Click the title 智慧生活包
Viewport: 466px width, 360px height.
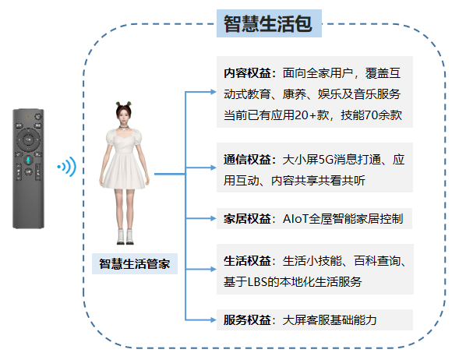(x=268, y=24)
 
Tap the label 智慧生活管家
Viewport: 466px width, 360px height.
(x=134, y=263)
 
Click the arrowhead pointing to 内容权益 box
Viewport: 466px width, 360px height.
(x=213, y=92)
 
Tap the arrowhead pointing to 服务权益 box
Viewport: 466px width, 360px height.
(x=213, y=319)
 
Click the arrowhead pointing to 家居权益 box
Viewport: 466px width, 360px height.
(x=213, y=218)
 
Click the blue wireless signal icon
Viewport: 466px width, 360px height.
(x=68, y=167)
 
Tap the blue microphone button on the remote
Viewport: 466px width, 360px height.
(x=28, y=161)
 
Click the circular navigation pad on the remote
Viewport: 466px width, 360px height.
(x=28, y=139)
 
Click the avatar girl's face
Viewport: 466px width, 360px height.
(x=123, y=118)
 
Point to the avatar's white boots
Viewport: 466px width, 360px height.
(x=125, y=237)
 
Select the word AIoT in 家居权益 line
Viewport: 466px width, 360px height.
(x=295, y=219)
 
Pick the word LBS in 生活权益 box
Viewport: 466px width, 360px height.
(x=258, y=282)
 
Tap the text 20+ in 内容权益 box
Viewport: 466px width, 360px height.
(x=305, y=115)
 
